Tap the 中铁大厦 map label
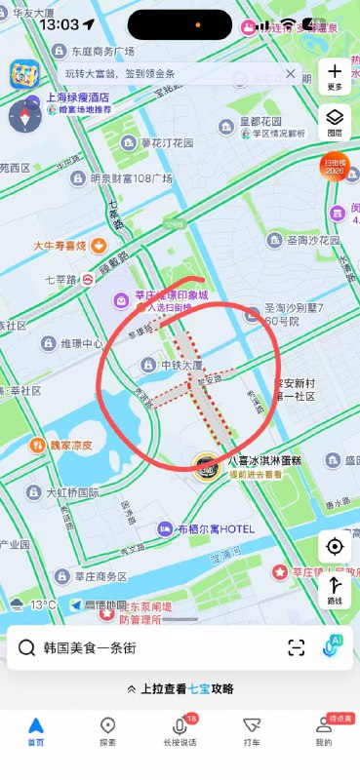[169, 365]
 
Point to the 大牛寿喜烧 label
[60, 246]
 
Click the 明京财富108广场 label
[123, 178]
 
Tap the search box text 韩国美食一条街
[97, 647]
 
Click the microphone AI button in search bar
[334, 646]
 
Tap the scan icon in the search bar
[296, 647]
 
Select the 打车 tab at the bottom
[252, 730]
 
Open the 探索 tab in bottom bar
[108, 730]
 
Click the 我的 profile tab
[323, 730]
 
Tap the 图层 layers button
[335, 121]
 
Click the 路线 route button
[335, 591]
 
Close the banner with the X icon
[290, 74]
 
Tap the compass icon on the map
[23, 116]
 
